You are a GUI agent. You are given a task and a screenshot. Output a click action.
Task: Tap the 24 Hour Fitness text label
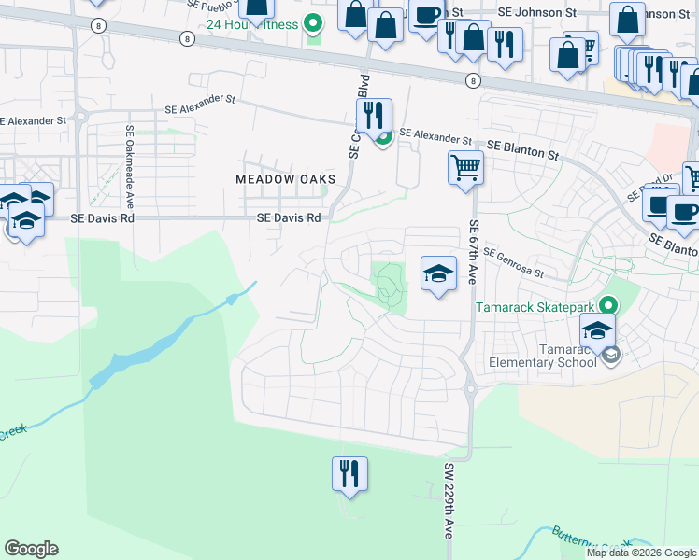click(254, 23)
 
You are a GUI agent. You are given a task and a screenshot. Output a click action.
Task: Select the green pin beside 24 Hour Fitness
click(314, 22)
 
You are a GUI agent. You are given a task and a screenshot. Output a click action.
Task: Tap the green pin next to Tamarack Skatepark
click(610, 305)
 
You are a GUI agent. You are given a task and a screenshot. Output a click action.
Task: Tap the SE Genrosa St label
click(513, 263)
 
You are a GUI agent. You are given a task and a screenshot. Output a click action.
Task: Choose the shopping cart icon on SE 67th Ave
click(465, 169)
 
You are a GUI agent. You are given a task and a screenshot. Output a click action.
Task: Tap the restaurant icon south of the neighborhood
click(349, 473)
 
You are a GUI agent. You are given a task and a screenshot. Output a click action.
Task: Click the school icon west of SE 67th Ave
click(436, 274)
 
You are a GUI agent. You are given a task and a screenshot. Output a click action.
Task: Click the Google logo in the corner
click(31, 549)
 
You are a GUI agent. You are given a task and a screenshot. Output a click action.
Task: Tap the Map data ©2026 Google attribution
click(641, 553)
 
